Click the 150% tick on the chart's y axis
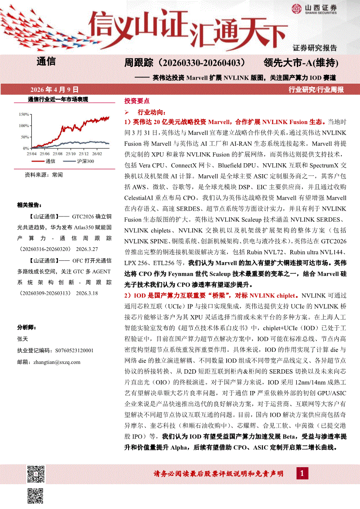click(x=24, y=115)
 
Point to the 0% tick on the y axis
click(x=26, y=148)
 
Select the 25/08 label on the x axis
click(x=58, y=154)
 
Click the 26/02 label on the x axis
click(x=97, y=154)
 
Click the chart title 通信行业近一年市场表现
click(x=58, y=99)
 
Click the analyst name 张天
click(x=22, y=337)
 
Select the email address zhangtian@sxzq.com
click(x=48, y=362)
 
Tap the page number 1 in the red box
click(x=302, y=473)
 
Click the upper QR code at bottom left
click(x=36, y=474)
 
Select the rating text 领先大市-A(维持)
click(x=301, y=63)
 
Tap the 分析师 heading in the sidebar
click(x=27, y=327)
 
